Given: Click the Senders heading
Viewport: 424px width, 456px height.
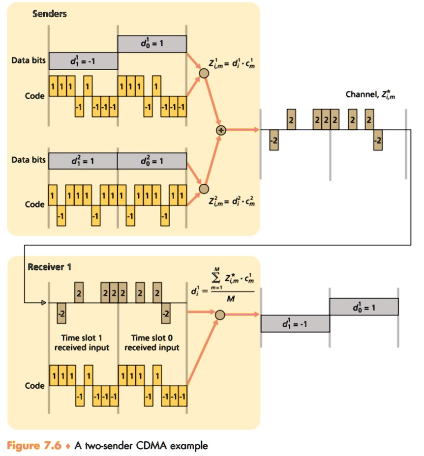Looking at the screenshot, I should click(49, 14).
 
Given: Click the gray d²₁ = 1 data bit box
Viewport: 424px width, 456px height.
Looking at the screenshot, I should click(83, 160).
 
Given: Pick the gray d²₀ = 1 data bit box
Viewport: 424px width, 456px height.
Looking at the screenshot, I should click(152, 160).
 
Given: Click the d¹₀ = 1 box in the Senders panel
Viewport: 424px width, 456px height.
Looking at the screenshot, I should click(152, 44).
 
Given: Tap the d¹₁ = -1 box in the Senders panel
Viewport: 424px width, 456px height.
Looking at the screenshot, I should click(83, 61).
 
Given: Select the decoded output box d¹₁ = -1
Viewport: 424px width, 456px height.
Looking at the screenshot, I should click(295, 323).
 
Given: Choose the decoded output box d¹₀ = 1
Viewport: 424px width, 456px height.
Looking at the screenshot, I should click(363, 307).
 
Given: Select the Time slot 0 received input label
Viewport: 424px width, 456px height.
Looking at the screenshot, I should click(151, 342).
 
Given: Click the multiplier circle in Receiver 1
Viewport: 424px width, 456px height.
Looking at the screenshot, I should click(220, 314).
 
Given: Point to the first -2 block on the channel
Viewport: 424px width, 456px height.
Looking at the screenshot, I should click(274, 140).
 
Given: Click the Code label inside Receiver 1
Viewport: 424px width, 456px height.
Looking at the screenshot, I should click(35, 386).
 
